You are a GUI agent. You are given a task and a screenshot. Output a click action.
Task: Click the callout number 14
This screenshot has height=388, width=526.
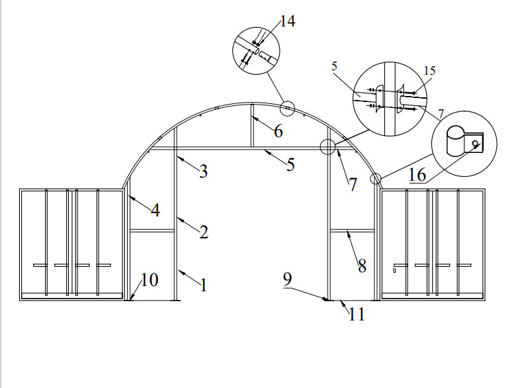288,21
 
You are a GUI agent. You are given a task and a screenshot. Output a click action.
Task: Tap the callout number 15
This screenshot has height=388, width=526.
429,71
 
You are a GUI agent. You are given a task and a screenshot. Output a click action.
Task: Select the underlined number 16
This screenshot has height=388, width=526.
417,175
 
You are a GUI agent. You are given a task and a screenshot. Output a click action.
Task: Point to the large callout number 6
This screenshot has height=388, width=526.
279,131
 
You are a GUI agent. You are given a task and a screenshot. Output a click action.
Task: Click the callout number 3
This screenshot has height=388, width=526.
203,171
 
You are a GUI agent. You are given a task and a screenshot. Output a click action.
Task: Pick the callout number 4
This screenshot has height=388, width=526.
155,211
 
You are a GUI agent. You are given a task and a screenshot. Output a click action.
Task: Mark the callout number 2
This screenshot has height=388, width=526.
204,232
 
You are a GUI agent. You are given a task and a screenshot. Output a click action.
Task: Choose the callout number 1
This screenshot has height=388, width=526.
203,285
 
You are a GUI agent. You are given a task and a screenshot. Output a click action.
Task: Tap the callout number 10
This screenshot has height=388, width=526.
150,279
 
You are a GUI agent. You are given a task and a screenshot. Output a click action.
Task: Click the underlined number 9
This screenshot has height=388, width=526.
288,279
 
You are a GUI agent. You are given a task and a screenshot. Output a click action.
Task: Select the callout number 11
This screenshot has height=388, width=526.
356,315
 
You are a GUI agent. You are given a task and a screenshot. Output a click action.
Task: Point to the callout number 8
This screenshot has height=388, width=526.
362,266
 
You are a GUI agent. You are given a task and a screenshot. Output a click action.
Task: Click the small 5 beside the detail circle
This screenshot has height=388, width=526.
334,66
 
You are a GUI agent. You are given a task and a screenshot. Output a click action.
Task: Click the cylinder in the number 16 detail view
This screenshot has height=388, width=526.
455,140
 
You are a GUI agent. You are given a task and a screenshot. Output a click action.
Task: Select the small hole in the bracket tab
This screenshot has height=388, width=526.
475,144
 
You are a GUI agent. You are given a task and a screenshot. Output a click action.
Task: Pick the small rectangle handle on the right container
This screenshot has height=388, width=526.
394,271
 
